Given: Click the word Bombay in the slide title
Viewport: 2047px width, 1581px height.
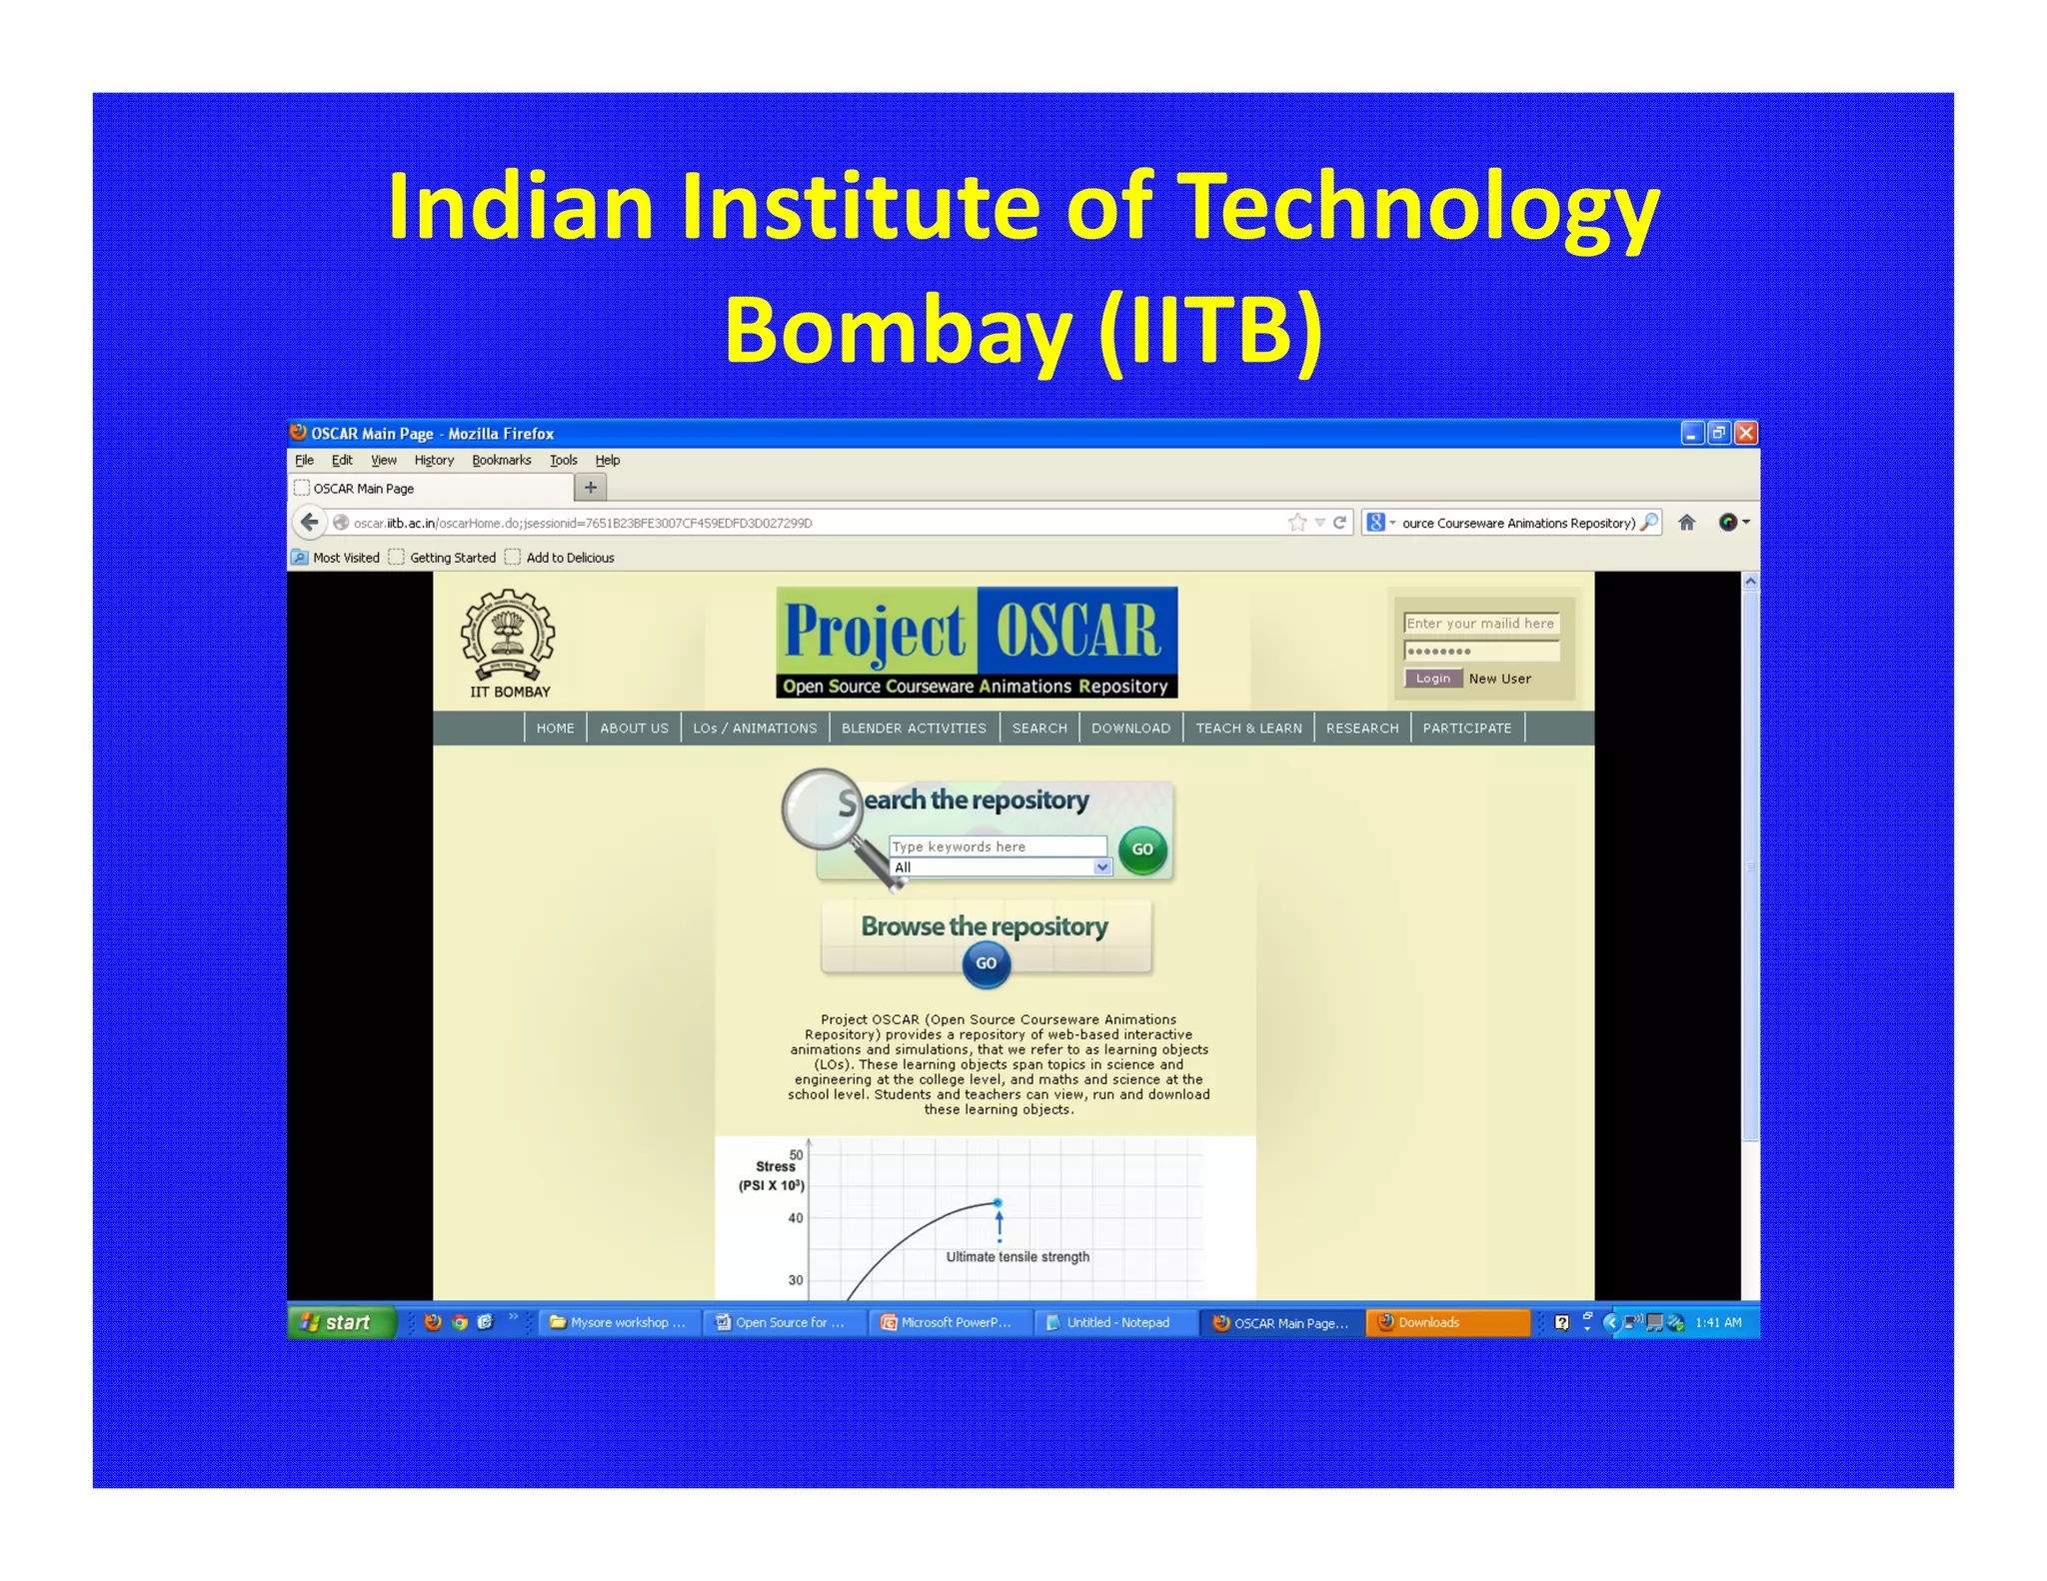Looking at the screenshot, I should coord(897,331).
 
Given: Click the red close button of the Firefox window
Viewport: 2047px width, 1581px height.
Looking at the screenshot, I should coord(1745,433).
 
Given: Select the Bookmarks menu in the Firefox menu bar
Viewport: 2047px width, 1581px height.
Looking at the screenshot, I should coord(501,460).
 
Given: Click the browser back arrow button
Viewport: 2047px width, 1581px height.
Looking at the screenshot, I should coord(310,522).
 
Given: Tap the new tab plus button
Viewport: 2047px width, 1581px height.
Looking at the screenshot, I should coord(590,488).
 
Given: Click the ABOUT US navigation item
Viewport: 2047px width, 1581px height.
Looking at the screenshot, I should coord(634,728).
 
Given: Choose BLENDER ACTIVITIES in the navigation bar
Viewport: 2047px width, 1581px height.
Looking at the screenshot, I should coord(914,728).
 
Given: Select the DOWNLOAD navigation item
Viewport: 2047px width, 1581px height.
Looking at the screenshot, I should coord(1130,728).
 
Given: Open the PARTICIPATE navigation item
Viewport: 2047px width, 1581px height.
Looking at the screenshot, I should coord(1466,728).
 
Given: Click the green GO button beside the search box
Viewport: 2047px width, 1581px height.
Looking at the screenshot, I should coord(1142,849).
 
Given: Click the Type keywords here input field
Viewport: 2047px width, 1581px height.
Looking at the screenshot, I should coord(997,846).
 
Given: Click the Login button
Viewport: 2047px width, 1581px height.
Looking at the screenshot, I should coord(1432,679).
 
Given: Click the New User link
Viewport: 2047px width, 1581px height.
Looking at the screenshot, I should coord(1499,679).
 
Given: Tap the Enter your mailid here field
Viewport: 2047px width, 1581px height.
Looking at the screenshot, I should coord(1480,624).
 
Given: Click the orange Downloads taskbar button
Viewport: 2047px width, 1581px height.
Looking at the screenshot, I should coord(1446,1322).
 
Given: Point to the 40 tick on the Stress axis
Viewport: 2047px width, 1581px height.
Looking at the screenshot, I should coord(796,1218).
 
